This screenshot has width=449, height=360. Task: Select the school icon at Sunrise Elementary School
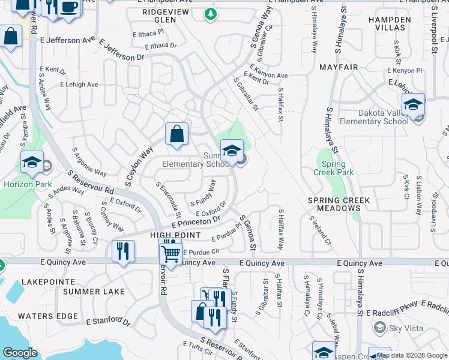pos(232,151)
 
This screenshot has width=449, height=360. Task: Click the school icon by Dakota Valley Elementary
pos(413,104)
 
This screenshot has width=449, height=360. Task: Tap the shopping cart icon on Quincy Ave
pos(170,254)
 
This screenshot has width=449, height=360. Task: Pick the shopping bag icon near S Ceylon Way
pos(177,134)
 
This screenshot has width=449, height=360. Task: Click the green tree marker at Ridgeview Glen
pos(210,14)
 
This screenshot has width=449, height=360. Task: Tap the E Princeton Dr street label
pos(199,222)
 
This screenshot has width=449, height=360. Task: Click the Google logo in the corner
pos(20,353)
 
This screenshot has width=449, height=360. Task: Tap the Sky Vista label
pos(405,328)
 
